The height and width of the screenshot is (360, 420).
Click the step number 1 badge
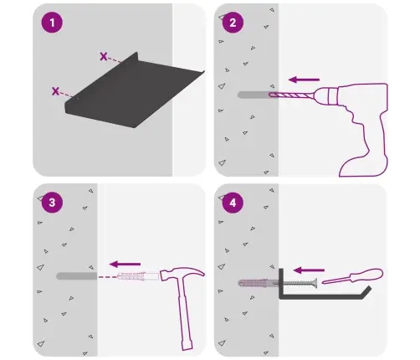(52, 23)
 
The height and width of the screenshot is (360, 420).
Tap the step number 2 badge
(233, 23)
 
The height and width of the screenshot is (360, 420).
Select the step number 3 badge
(52, 203)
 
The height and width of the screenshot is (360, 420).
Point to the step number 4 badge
(233, 203)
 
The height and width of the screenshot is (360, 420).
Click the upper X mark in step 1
(104, 57)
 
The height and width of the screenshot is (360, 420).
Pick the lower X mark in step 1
(55, 91)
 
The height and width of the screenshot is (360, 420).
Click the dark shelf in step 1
(135, 90)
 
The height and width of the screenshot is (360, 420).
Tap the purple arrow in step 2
(304, 80)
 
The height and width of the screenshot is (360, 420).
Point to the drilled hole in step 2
(254, 95)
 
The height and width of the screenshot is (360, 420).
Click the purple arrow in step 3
(125, 264)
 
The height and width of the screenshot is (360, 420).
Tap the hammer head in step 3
(182, 274)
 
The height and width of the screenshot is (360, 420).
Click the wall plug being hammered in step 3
(138, 276)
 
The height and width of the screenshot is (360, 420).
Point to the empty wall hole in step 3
(77, 276)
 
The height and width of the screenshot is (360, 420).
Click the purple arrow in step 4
(309, 270)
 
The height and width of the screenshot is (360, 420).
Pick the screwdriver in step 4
(353, 276)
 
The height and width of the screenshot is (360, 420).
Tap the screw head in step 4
(315, 283)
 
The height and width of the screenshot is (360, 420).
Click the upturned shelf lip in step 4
(366, 292)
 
